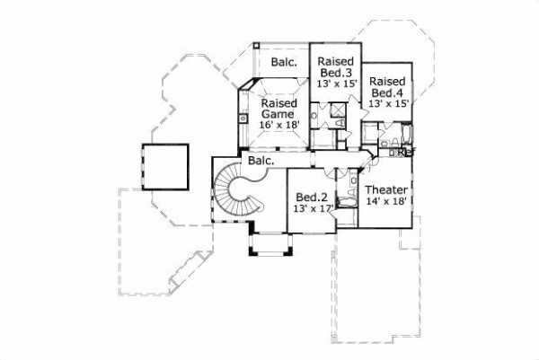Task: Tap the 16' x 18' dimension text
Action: pos(278,126)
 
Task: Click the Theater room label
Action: pos(388,190)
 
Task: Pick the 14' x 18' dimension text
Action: pos(388,202)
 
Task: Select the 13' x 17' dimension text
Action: pos(313,208)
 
